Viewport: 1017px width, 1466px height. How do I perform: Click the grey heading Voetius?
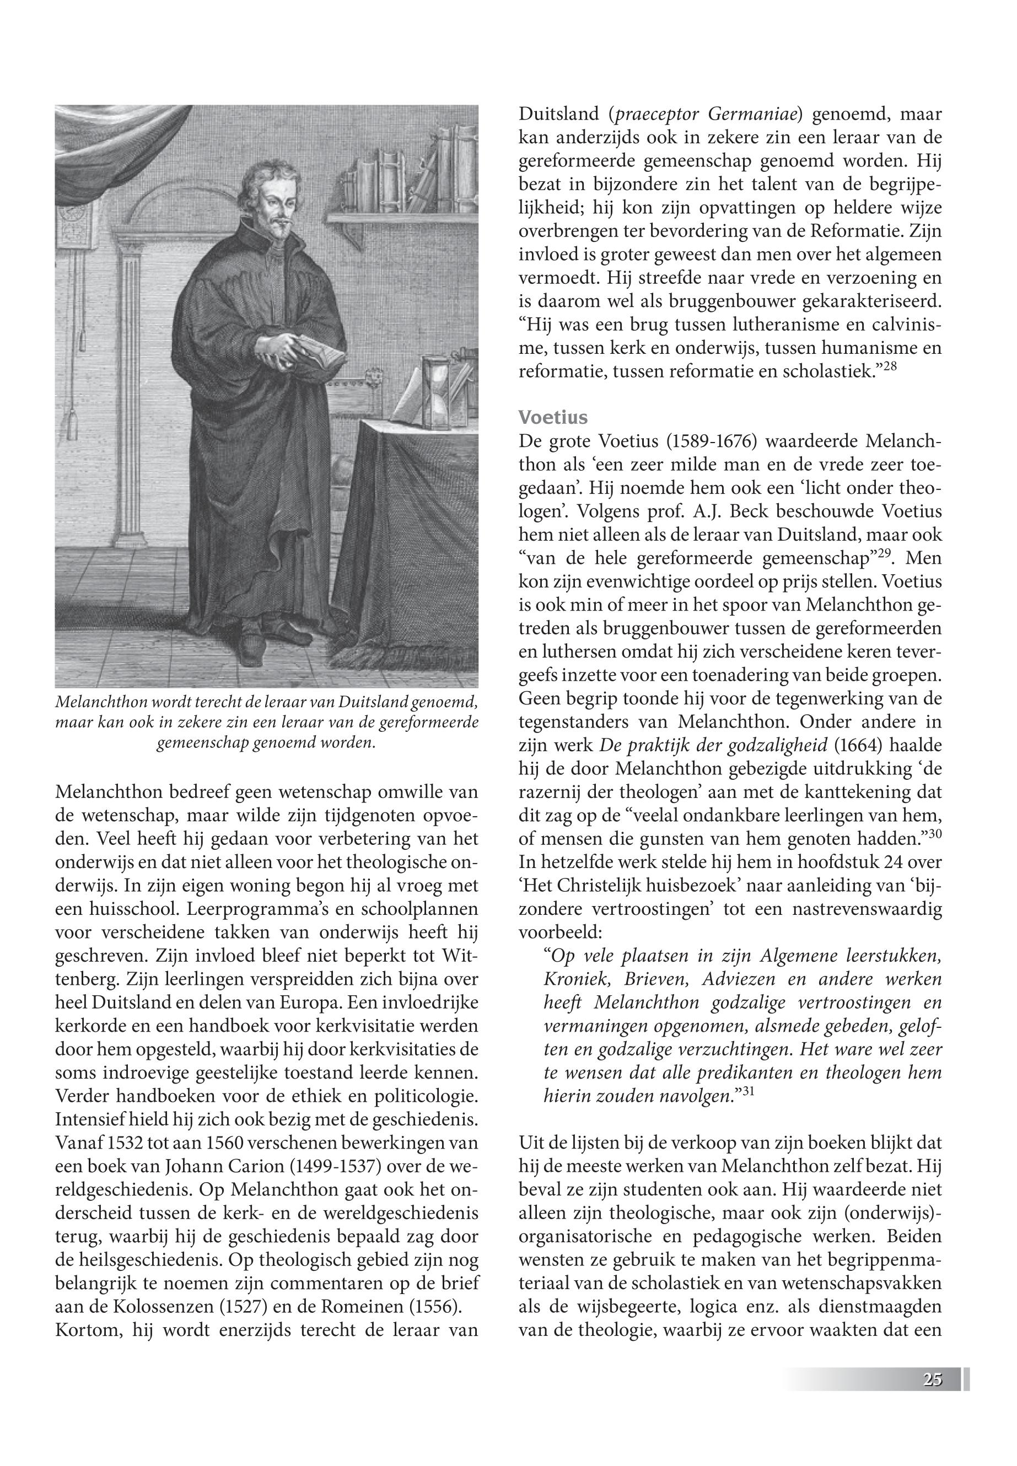553,417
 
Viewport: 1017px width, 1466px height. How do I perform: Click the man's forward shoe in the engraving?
247,650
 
